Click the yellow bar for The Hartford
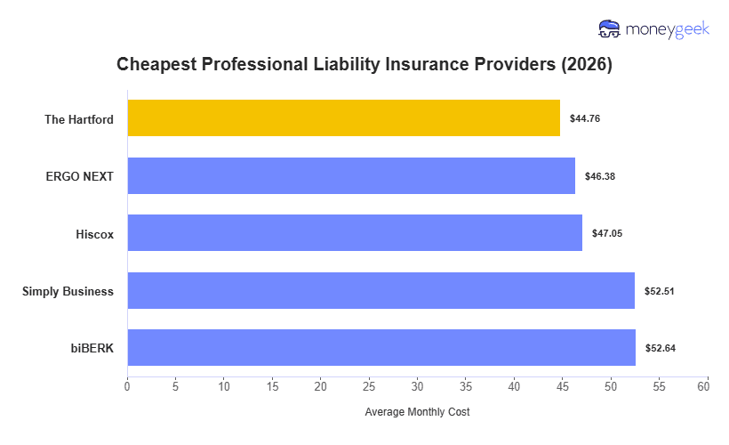(343, 118)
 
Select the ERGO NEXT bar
(351, 175)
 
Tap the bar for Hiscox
(355, 233)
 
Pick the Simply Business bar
(381, 290)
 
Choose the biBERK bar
(381, 347)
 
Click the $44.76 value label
(585, 118)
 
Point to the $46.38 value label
(600, 176)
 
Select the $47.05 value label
(607, 233)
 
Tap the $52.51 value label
(660, 291)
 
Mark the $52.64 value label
(661, 348)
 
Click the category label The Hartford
(79, 119)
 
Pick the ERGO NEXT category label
(80, 176)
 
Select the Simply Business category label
(68, 291)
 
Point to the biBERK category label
(92, 348)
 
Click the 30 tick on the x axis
(417, 388)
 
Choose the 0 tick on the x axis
(127, 388)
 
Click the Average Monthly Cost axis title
(417, 413)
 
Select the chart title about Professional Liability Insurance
(364, 65)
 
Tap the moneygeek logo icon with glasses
(609, 29)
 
